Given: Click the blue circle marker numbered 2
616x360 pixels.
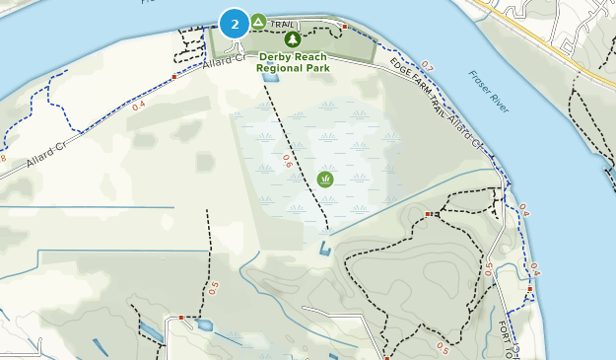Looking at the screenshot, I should (x=235, y=23).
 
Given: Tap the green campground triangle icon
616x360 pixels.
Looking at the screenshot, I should (x=258, y=21).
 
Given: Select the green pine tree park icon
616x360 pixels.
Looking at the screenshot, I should (x=293, y=39).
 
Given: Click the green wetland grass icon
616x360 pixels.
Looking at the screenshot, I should (x=325, y=179).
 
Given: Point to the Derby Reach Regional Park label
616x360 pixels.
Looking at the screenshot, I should (x=292, y=62).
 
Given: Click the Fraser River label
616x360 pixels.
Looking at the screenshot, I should (x=488, y=92).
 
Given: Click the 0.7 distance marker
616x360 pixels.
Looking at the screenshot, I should (x=426, y=68).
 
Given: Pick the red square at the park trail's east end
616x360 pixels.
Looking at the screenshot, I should (x=345, y=26).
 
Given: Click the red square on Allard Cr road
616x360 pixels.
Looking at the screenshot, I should (x=174, y=76).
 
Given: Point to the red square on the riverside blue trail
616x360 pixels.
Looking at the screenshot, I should (x=529, y=289).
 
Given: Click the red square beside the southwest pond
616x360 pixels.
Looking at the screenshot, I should (x=181, y=318).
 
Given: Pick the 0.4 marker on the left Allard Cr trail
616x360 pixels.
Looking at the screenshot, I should (x=139, y=105).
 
